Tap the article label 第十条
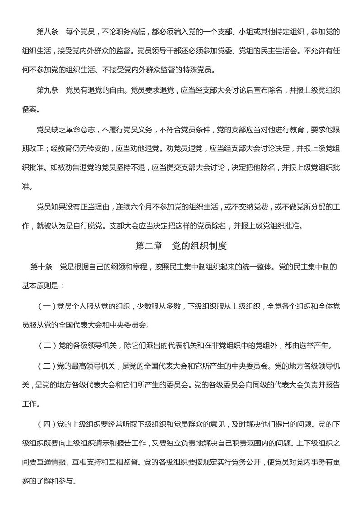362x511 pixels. coord(41,267)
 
